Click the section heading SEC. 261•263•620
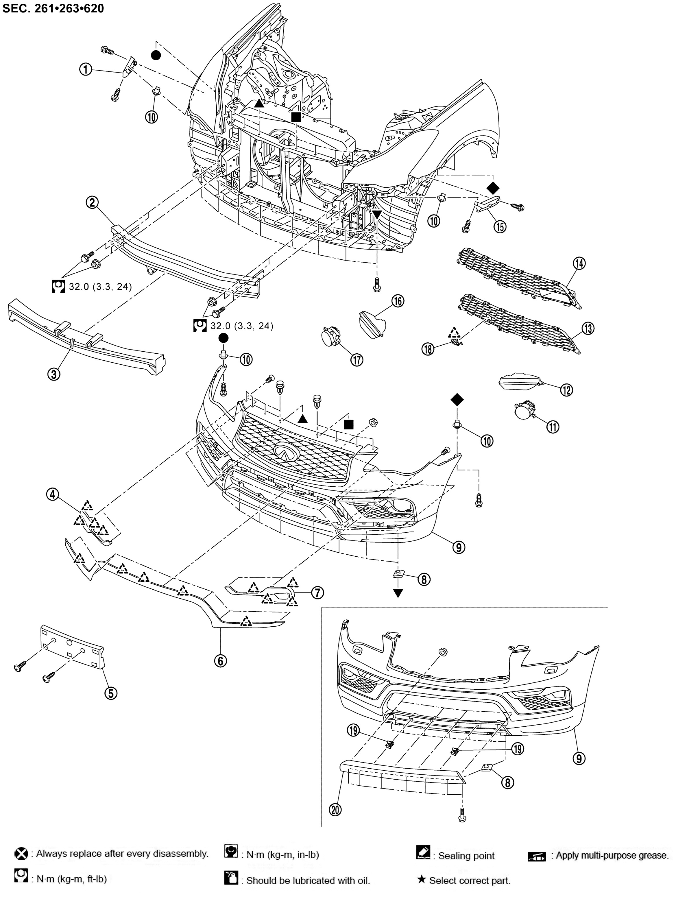point(53,8)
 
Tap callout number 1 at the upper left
point(86,70)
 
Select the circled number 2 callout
point(93,202)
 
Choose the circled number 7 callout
point(317,593)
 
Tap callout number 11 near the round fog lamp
point(553,426)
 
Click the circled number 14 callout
point(579,263)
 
